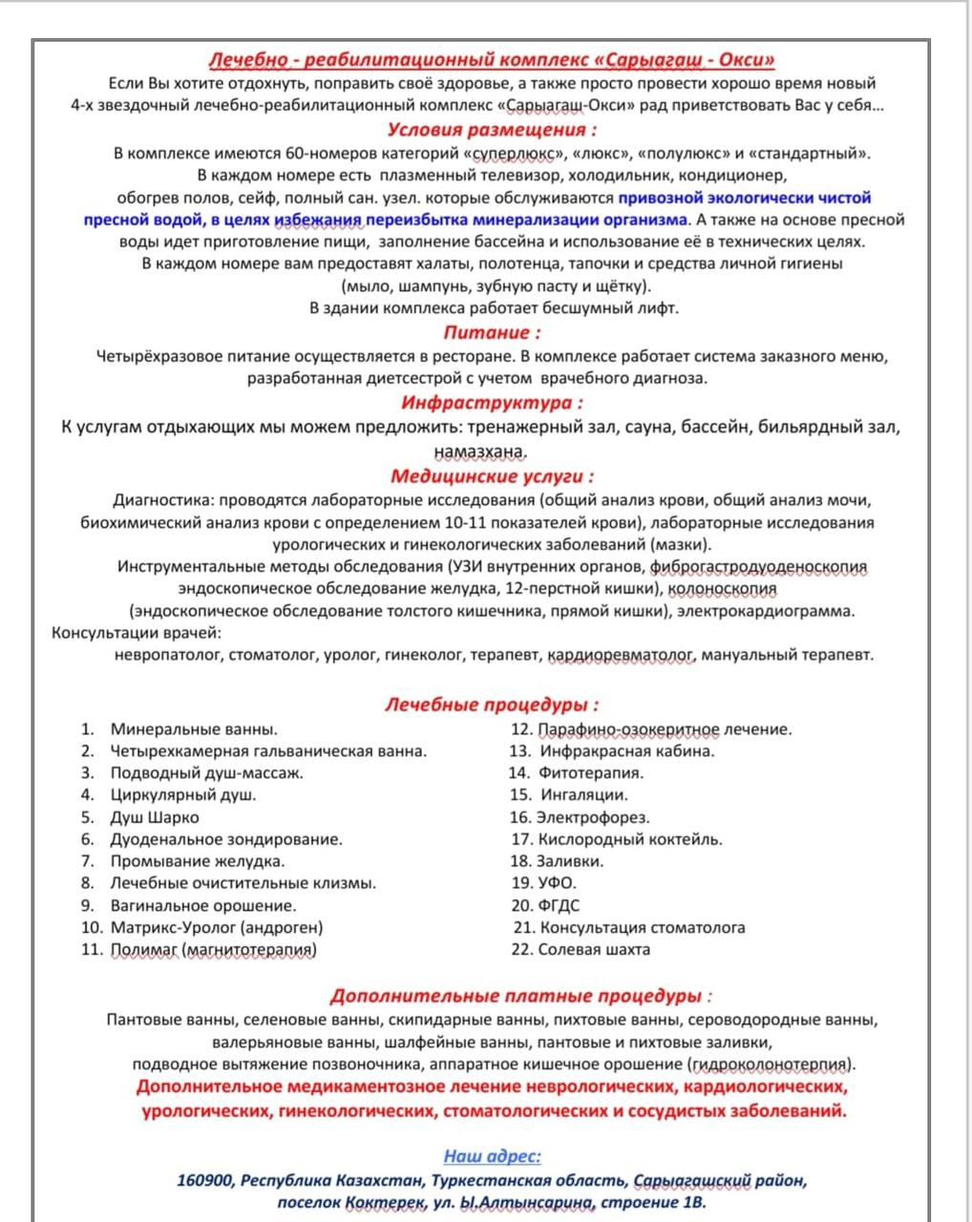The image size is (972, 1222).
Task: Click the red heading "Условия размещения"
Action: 493,130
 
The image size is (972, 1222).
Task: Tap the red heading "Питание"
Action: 492,332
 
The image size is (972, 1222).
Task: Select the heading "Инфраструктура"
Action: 492,403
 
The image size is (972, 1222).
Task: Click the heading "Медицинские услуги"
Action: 492,475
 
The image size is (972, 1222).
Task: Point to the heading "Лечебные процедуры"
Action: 492,706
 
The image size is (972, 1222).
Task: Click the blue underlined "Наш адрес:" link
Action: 493,1156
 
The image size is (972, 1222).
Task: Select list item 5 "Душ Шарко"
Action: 155,817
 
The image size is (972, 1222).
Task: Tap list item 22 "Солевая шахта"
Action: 594,949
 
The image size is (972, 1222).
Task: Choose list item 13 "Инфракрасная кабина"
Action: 626,751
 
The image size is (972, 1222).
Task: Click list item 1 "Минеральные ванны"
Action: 194,729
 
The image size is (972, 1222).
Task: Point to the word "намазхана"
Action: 480,451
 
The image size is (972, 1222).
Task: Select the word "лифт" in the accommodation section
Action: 659,308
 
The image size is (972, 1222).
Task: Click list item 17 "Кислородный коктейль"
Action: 630,839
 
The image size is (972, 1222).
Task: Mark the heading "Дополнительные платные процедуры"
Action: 520,997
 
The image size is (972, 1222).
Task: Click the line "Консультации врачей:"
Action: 137,633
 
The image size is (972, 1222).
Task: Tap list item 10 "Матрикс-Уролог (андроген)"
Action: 217,927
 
